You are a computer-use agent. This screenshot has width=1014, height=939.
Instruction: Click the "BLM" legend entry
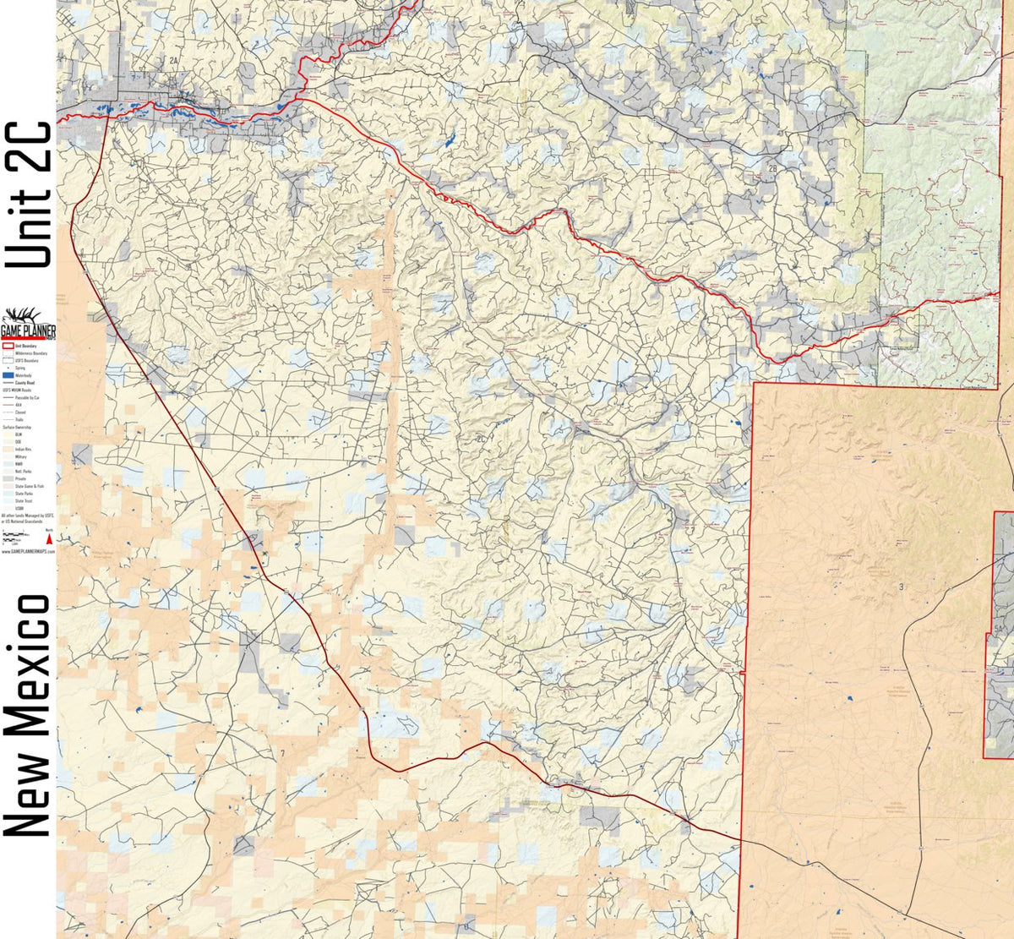click(18, 434)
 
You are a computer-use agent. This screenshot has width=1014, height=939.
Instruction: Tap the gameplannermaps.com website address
click(28, 550)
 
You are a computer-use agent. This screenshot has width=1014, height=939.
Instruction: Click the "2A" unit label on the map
click(173, 61)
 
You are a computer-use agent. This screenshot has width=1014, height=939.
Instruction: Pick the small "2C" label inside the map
click(482, 439)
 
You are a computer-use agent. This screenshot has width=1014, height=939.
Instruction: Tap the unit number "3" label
click(901, 587)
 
